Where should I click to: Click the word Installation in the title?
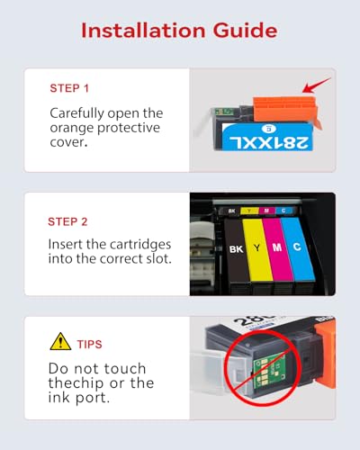tap(143, 31)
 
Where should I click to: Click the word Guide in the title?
tap(245, 31)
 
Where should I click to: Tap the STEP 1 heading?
tap(69, 88)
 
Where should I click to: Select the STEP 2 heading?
tap(67, 221)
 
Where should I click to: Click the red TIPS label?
tap(90, 345)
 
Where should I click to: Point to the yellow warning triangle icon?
tap(60, 342)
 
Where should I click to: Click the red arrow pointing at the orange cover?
tap(316, 85)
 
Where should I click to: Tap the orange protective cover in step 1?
tap(286, 109)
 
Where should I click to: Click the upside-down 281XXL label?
tap(268, 143)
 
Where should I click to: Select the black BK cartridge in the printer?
tap(237, 250)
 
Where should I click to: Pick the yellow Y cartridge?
tap(257, 249)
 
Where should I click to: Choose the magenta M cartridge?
tap(277, 248)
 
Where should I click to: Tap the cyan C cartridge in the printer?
tap(298, 247)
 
